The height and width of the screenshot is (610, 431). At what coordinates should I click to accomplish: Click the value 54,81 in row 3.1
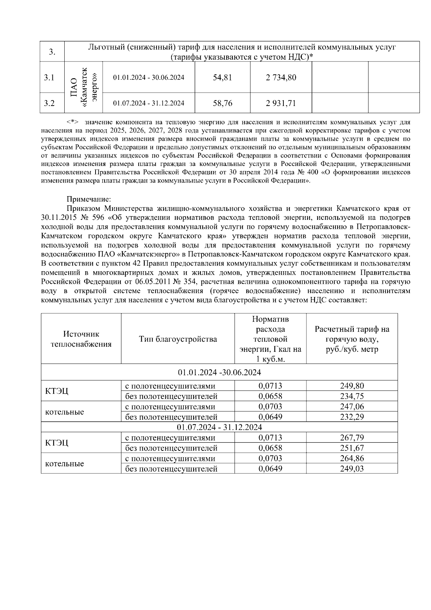point(222,77)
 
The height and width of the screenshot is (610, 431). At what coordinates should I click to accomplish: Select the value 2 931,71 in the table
point(281,103)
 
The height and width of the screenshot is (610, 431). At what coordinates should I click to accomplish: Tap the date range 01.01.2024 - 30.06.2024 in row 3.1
point(149,78)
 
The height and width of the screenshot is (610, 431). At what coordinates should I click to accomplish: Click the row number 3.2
point(49,103)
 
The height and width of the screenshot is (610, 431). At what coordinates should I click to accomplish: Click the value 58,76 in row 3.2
point(222,103)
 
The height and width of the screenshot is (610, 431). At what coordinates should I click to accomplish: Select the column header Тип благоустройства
point(178,339)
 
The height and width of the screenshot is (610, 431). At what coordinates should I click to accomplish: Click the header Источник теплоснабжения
point(81,339)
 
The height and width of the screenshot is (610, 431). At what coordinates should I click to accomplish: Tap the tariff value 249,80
point(352,386)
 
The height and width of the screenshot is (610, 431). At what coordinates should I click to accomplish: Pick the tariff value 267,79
point(352,438)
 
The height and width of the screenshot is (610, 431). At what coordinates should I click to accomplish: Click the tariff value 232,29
point(352,417)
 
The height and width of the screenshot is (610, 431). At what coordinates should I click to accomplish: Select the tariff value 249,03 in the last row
point(352,469)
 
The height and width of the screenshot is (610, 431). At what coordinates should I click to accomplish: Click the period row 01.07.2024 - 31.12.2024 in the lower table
point(219,427)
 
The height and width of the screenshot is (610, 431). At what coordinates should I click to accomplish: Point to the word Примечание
point(89,199)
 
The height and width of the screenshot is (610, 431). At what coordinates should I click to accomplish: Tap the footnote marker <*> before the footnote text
point(73,122)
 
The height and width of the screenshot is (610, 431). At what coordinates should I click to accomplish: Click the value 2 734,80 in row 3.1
point(281,77)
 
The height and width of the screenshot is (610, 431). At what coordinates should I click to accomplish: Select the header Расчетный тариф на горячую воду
point(352,339)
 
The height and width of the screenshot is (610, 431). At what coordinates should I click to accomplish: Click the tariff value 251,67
point(352,448)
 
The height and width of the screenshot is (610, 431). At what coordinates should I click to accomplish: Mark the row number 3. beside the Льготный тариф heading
point(52,52)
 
